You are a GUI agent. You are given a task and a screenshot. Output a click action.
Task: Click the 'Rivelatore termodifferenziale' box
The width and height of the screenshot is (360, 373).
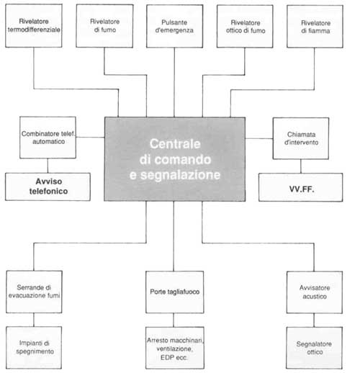(x=34, y=25)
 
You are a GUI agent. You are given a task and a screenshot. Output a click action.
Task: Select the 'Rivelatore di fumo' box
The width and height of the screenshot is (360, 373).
(x=104, y=26)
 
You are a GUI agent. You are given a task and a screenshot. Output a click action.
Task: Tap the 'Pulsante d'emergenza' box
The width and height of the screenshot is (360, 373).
(x=174, y=26)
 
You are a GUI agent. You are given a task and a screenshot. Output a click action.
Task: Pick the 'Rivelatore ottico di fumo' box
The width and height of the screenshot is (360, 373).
(x=245, y=27)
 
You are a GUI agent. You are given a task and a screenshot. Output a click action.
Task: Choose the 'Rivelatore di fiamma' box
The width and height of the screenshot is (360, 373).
(x=315, y=27)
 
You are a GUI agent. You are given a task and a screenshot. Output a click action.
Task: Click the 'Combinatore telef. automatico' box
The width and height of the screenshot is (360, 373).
(x=48, y=138)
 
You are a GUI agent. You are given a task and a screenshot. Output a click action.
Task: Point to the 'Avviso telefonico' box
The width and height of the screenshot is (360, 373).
(x=48, y=186)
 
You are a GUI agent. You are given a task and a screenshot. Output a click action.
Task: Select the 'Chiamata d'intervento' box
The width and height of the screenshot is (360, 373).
(x=301, y=138)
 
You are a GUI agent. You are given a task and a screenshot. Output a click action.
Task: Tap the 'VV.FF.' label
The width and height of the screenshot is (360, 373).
(x=302, y=189)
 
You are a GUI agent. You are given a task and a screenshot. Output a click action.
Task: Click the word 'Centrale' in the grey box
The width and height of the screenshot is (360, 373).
(x=175, y=144)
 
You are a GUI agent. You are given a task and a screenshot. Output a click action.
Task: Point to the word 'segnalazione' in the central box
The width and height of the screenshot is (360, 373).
(x=180, y=175)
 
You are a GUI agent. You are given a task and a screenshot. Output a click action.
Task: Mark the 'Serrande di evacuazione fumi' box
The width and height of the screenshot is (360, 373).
(x=34, y=292)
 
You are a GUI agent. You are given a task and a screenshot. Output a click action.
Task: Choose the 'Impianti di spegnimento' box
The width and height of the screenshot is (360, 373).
(x=34, y=348)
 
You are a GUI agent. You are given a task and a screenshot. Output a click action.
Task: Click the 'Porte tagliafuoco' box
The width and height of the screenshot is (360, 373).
(x=175, y=292)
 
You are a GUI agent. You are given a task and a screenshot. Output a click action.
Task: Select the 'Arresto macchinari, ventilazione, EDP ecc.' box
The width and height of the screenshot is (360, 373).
(x=175, y=348)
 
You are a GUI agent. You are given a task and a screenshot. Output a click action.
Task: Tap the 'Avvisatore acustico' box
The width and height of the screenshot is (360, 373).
(x=315, y=292)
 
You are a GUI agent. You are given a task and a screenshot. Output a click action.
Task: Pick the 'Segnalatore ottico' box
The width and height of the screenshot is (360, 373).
(x=314, y=348)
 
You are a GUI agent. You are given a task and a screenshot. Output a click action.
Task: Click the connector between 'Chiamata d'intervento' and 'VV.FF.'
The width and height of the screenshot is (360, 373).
(x=301, y=166)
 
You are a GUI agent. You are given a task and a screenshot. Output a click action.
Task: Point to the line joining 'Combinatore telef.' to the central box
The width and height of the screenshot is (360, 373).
(x=90, y=138)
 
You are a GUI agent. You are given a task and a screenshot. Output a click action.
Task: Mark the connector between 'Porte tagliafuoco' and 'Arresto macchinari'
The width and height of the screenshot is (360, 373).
(x=174, y=320)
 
